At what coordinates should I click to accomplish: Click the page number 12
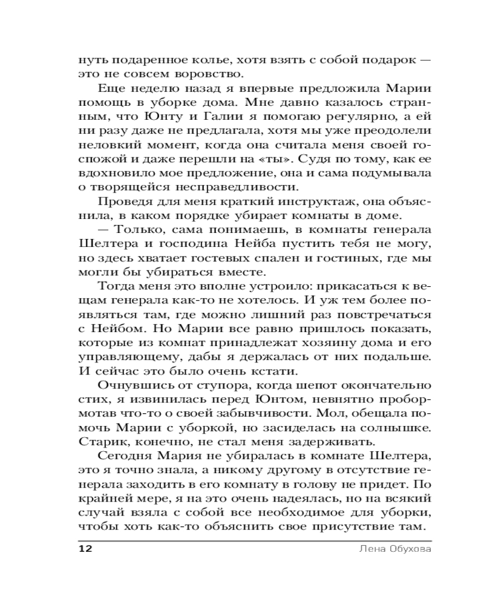coord(84,549)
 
